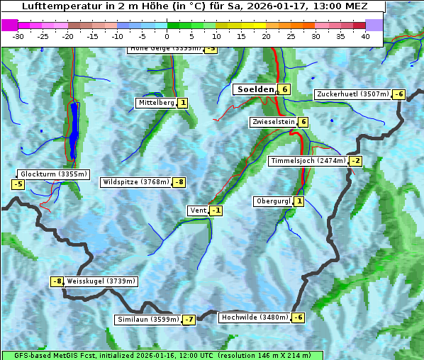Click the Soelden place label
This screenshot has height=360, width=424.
pos(255,89)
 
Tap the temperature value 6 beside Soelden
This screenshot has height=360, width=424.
pos(284,89)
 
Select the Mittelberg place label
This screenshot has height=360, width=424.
pos(156,103)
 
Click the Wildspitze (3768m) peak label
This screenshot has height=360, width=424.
pos(136,182)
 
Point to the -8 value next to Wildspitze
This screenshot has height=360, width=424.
pos(180,182)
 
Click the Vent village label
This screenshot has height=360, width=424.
pos(198,210)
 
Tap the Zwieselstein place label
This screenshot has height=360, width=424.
pos(273,122)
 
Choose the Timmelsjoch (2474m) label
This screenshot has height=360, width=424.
pos(308,161)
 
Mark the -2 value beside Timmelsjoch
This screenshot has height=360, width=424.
pos(355,161)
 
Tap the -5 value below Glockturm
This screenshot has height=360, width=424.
pos(18,185)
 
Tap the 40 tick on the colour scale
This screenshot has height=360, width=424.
pos(365,36)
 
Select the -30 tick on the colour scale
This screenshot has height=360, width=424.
pos(18,36)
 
